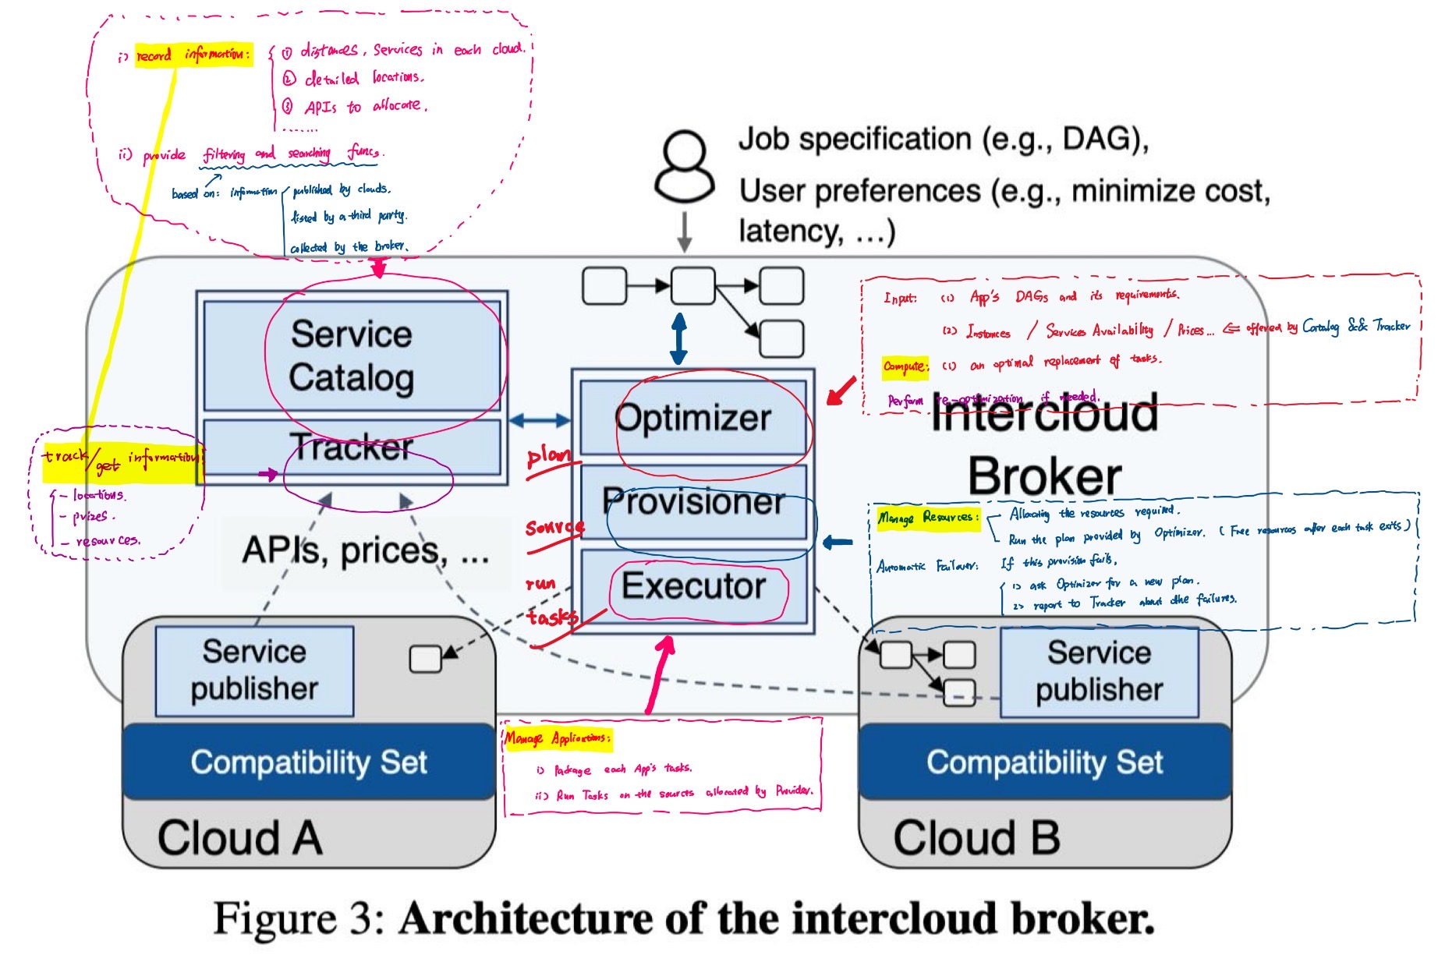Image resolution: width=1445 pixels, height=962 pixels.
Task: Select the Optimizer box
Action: click(692, 418)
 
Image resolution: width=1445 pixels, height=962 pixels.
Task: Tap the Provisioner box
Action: click(692, 502)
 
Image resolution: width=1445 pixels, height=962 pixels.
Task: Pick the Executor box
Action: click(692, 586)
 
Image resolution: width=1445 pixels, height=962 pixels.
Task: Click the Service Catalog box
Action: click(352, 355)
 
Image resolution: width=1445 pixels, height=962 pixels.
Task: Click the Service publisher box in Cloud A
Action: click(254, 670)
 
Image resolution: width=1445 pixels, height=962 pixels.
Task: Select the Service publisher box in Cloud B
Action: click(1099, 671)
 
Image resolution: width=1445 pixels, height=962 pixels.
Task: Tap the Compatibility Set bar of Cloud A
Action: click(309, 762)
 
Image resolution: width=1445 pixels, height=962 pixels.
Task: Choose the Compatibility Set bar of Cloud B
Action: click(1044, 762)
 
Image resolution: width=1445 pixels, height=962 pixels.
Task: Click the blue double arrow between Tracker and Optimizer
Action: click(540, 421)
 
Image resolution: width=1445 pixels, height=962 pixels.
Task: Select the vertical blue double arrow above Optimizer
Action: click(679, 338)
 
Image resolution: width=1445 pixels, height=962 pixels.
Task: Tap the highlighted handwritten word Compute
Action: click(905, 366)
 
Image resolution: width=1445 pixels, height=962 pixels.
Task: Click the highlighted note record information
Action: click(193, 55)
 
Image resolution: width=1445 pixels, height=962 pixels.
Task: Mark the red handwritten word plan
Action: click(548, 455)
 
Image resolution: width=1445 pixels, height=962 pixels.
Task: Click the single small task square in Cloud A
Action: click(425, 659)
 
